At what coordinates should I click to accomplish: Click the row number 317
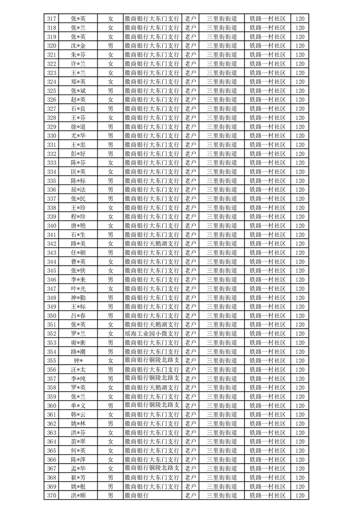(x=52, y=19)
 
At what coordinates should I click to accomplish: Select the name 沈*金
(x=78, y=46)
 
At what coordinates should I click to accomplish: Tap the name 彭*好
(x=78, y=154)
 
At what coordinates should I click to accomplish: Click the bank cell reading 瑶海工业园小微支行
(x=152, y=333)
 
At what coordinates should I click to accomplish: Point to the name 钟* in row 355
(x=78, y=361)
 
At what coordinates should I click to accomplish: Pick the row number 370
(x=52, y=495)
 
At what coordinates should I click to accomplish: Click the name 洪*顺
(x=78, y=495)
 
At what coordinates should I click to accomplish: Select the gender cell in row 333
(x=110, y=163)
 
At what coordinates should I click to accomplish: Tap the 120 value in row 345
(x=299, y=271)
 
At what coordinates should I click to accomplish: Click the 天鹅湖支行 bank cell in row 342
(x=152, y=244)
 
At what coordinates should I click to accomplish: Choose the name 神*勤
(x=78, y=298)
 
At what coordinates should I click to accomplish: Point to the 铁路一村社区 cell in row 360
(x=268, y=406)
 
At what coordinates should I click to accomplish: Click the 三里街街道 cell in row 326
(x=222, y=100)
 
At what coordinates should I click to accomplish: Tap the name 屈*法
(x=78, y=190)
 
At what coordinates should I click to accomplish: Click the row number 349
(x=52, y=307)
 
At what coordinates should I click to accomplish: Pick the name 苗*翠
(x=78, y=441)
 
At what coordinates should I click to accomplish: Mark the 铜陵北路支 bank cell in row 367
(x=152, y=468)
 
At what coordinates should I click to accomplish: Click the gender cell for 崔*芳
(x=110, y=477)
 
